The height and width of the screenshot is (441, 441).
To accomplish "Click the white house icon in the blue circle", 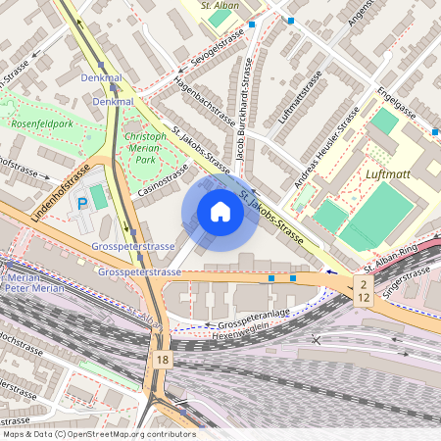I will [220, 212].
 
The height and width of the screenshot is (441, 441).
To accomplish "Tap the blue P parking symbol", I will [82, 203].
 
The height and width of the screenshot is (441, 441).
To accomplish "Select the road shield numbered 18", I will [160, 361].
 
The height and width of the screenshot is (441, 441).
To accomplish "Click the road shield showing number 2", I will [363, 284].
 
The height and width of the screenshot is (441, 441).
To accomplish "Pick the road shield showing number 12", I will [363, 298].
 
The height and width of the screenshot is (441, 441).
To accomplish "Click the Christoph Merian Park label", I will [145, 147].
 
